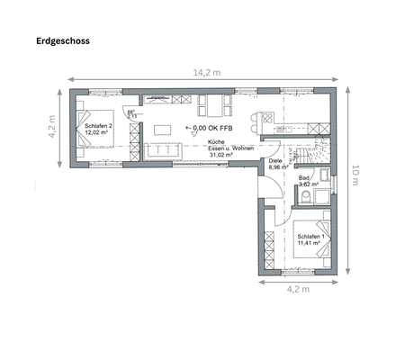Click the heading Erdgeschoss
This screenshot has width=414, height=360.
(x=63, y=40)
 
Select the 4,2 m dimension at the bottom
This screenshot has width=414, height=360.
(x=297, y=290)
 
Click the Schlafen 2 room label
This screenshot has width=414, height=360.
(x=98, y=130)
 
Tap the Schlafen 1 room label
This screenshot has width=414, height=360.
(x=311, y=239)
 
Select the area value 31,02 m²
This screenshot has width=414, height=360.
(x=220, y=155)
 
